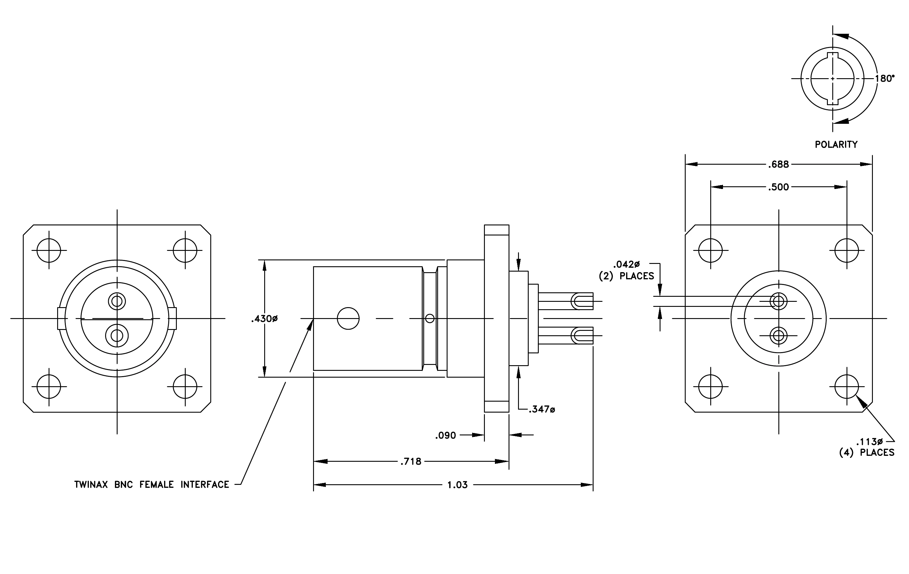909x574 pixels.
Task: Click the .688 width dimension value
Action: pyautogui.click(x=778, y=164)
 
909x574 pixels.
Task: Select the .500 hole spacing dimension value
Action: pyautogui.click(x=778, y=187)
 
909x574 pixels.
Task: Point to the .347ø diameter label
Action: pyautogui.click(x=542, y=409)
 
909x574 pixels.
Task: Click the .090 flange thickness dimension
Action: pyautogui.click(x=445, y=435)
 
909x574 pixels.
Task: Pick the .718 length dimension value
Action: pyautogui.click(x=411, y=461)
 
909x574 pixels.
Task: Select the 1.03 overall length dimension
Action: pyautogui.click(x=458, y=485)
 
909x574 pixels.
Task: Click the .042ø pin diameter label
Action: pyautogui.click(x=626, y=264)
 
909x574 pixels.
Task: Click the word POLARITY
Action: pyautogui.click(x=836, y=144)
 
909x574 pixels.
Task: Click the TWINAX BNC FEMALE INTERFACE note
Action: pyautogui.click(x=152, y=485)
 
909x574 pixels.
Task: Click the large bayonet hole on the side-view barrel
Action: pyautogui.click(x=348, y=318)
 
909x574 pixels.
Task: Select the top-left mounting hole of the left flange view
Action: pyautogui.click(x=49, y=250)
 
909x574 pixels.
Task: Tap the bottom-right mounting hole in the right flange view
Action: pyautogui.click(x=847, y=387)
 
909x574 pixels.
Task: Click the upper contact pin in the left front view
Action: pyautogui.click(x=117, y=301)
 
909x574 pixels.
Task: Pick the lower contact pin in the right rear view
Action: pyautogui.click(x=778, y=335)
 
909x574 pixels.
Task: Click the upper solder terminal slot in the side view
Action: pyautogui.click(x=581, y=302)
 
